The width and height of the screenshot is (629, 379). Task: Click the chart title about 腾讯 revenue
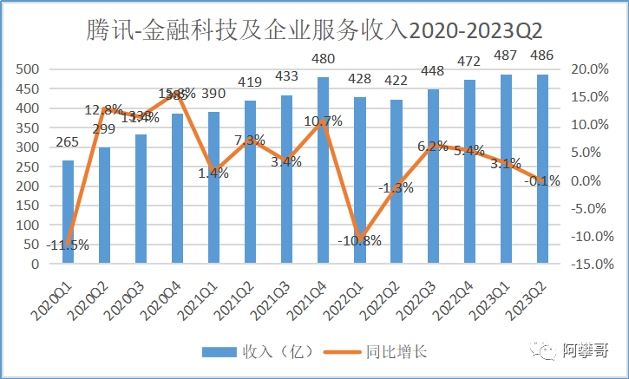click(x=314, y=31)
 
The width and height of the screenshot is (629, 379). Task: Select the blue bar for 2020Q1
click(x=68, y=212)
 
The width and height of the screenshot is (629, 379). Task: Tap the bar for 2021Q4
click(x=323, y=170)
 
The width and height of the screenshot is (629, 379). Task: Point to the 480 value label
click(x=323, y=60)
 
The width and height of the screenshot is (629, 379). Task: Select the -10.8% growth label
click(x=359, y=240)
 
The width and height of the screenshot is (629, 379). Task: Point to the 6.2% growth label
click(x=432, y=147)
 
